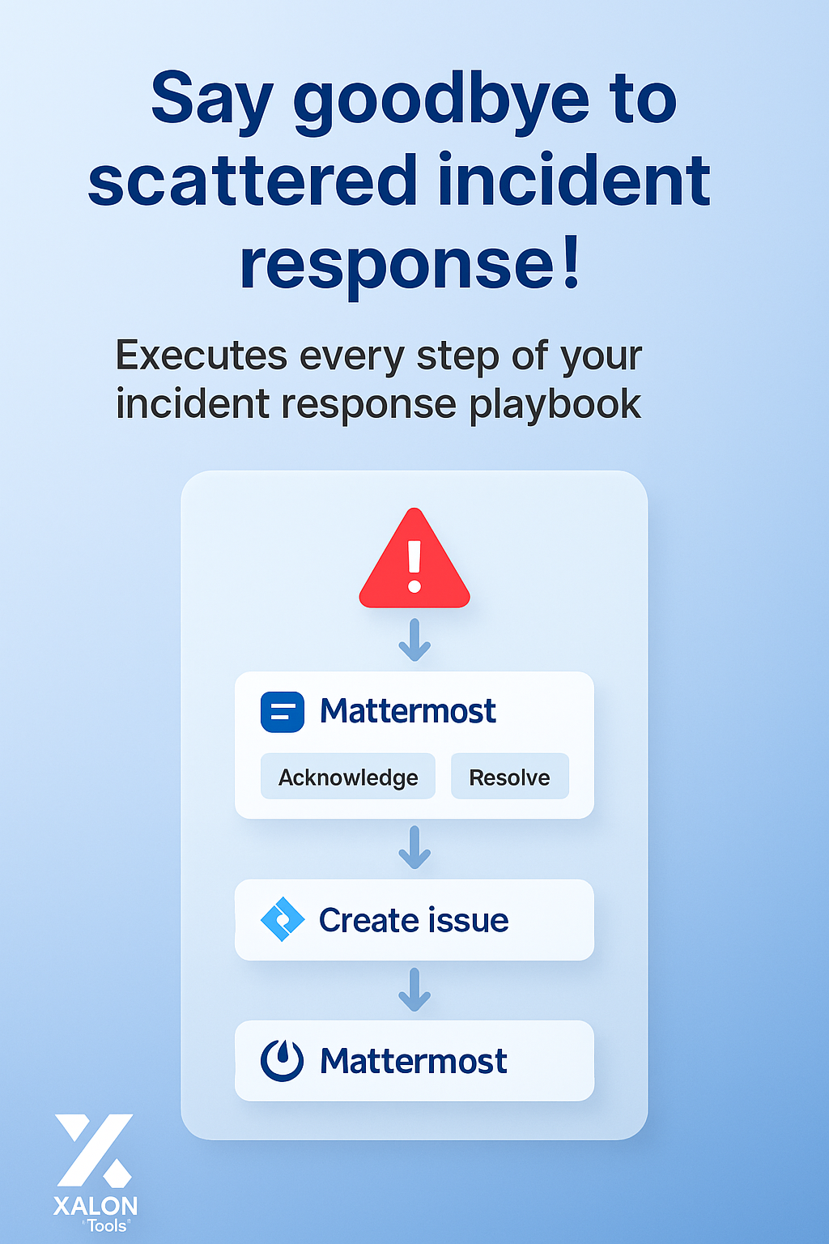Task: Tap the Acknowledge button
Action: pyautogui.click(x=348, y=777)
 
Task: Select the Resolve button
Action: pyautogui.click(x=509, y=777)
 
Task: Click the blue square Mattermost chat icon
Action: pyautogui.click(x=283, y=712)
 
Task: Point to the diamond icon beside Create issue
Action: pyautogui.click(x=283, y=920)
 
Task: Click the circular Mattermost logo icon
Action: pyautogui.click(x=283, y=1060)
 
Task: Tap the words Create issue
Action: pyautogui.click(x=414, y=920)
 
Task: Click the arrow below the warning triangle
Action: pyautogui.click(x=414, y=640)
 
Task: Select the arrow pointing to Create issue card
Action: pyautogui.click(x=414, y=847)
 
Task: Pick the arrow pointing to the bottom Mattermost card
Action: pyautogui.click(x=414, y=990)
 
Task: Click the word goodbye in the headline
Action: pyautogui.click(x=440, y=101)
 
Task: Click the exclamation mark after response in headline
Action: pyautogui.click(x=572, y=263)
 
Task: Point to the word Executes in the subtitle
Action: pyautogui.click(x=202, y=356)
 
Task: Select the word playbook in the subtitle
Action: pyautogui.click(x=555, y=404)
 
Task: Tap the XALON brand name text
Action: pyautogui.click(x=96, y=1206)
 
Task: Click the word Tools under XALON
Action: pyautogui.click(x=107, y=1226)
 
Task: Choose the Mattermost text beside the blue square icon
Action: pyautogui.click(x=407, y=711)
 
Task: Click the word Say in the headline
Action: pyautogui.click(x=211, y=101)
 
